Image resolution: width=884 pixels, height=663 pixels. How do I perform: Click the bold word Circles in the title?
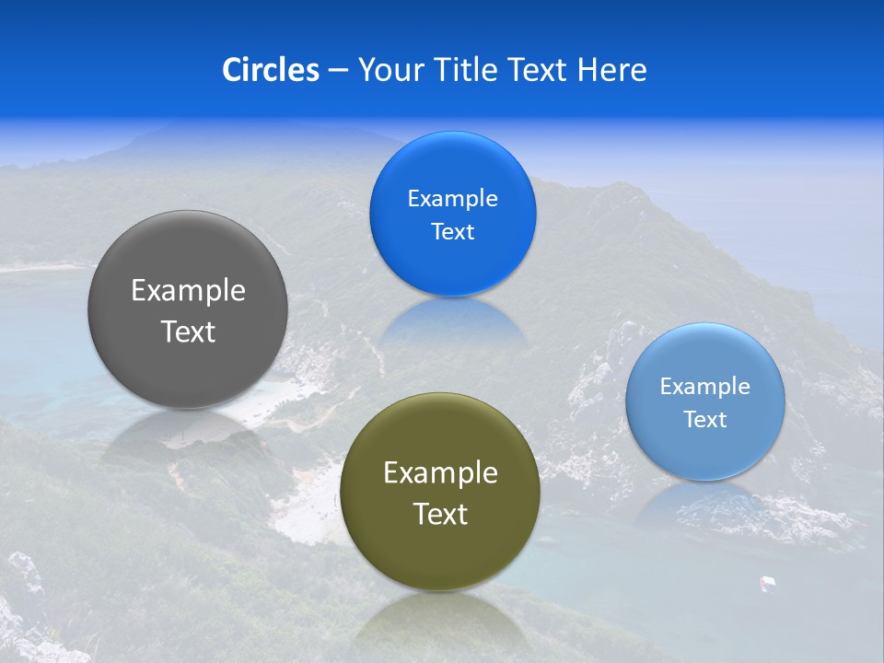[x=270, y=70]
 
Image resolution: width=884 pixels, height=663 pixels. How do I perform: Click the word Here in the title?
[x=611, y=70]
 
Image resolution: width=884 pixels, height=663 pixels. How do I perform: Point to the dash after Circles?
[x=338, y=71]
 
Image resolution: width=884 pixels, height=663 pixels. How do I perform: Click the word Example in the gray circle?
[x=188, y=291]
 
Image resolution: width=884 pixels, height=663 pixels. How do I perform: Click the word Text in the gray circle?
[x=188, y=331]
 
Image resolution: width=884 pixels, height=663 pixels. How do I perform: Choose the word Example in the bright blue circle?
[x=452, y=199]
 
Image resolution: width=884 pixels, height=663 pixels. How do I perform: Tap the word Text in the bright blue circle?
[x=452, y=232]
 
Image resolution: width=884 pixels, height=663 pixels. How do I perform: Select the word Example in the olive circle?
[x=440, y=473]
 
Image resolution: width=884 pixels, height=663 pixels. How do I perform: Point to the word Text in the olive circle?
[x=440, y=514]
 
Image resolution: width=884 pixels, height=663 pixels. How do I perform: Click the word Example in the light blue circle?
[x=704, y=387]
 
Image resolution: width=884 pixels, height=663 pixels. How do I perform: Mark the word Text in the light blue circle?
[x=704, y=420]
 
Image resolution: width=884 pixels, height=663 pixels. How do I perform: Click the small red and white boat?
[x=766, y=583]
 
